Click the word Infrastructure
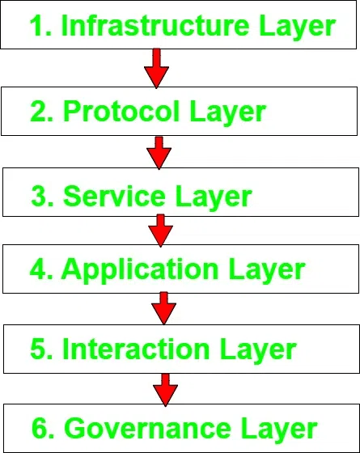pos(155,25)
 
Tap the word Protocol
pos(121,111)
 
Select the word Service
pos(114,196)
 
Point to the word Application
pos(140,270)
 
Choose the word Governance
pos(147,428)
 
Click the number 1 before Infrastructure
pos(37,25)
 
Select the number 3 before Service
pos(39,196)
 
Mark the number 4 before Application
pos(38,269)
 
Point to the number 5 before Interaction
pos(38,349)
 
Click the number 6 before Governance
pos(40,428)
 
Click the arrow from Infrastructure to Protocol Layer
pos(156,69)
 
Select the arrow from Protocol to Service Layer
pos(159,153)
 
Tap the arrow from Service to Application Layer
pos(161,231)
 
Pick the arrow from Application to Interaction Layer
pos(163,308)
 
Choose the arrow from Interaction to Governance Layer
pos(165,390)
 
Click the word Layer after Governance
pos(279,430)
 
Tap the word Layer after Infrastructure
pos(297,28)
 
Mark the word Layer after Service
pos(214,198)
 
